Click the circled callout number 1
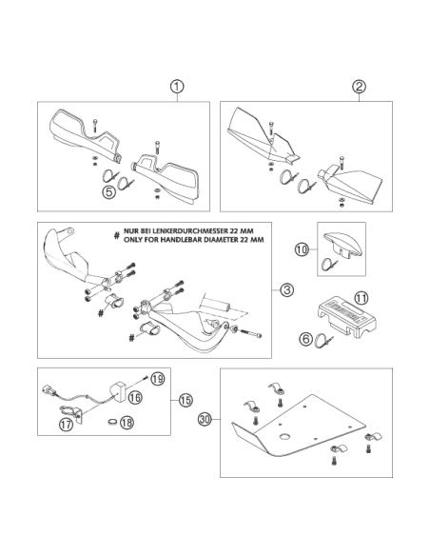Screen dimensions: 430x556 (x=177, y=87)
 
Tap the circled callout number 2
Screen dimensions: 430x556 (x=360, y=87)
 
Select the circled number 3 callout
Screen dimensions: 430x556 (x=286, y=290)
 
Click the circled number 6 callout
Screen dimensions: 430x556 (x=306, y=339)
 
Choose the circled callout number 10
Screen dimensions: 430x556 (x=302, y=250)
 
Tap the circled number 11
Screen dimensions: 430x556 (x=362, y=298)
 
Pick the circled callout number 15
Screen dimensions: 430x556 (x=186, y=400)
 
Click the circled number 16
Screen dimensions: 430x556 (x=134, y=397)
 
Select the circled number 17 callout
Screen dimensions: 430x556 (x=67, y=424)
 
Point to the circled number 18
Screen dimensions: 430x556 (x=127, y=423)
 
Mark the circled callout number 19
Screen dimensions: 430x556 (x=158, y=379)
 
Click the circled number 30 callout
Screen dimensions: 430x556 (x=205, y=419)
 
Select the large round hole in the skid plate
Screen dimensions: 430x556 (x=285, y=436)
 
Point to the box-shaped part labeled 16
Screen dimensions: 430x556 (x=117, y=392)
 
